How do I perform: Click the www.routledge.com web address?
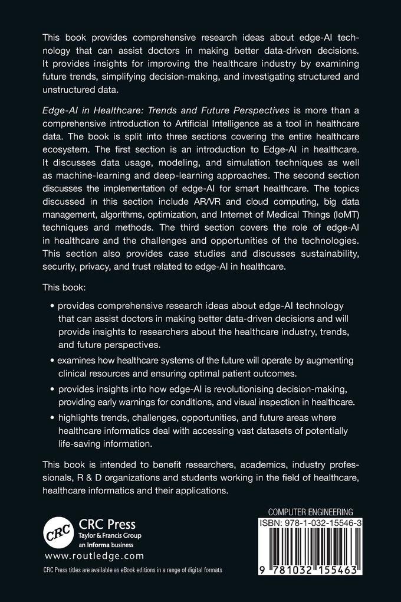coord(94,556)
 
